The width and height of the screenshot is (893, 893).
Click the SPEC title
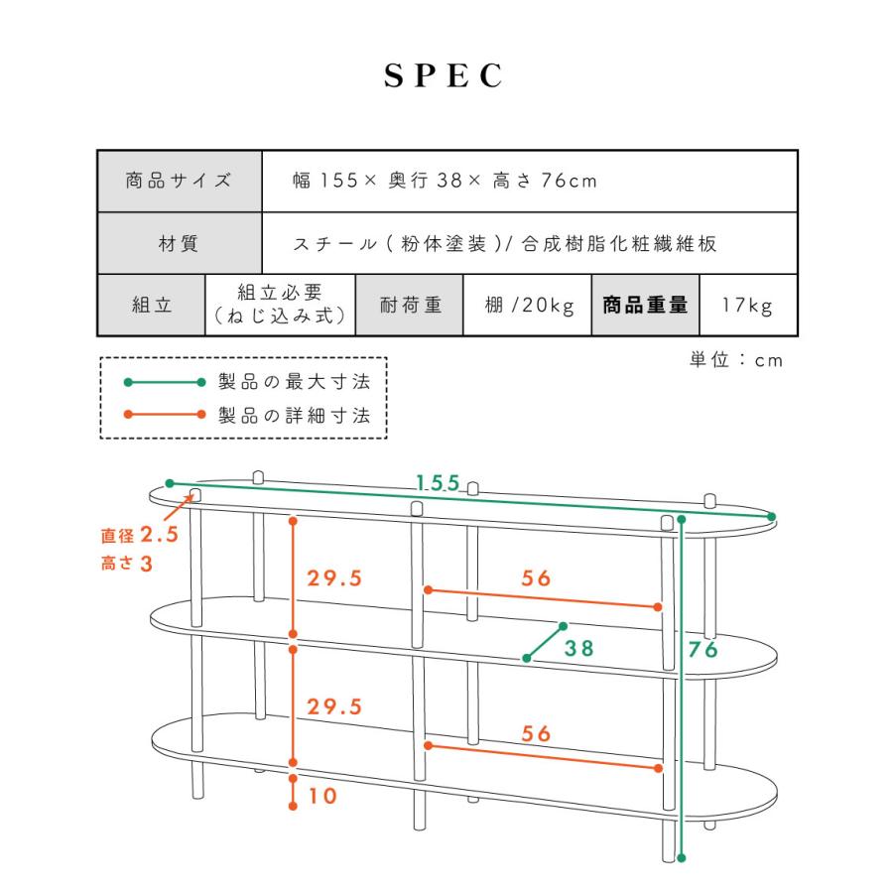pyautogui.click(x=444, y=75)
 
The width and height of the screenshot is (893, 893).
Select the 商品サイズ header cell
pyautogui.click(x=180, y=182)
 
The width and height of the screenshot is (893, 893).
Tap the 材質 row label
pyautogui.click(x=180, y=243)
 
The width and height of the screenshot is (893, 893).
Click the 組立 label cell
pyautogui.click(x=152, y=305)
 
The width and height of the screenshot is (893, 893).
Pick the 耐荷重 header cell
pyautogui.click(x=410, y=305)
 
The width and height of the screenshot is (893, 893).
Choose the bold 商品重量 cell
pyautogui.click(x=645, y=305)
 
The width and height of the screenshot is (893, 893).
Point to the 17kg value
pyautogui.click(x=747, y=306)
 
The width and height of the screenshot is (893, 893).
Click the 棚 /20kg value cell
pyautogui.click(x=528, y=305)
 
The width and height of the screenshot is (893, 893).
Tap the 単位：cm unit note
pyautogui.click(x=736, y=360)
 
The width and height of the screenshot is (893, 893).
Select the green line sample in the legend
pyautogui.click(x=165, y=382)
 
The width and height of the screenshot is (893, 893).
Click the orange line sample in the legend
pyautogui.click(x=165, y=414)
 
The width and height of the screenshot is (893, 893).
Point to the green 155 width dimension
pyautogui.click(x=438, y=483)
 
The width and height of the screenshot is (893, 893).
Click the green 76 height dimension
pyautogui.click(x=703, y=649)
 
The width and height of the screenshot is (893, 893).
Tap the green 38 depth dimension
pyautogui.click(x=579, y=648)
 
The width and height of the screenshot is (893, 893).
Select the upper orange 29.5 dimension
pyautogui.click(x=334, y=578)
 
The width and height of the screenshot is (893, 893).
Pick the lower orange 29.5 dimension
pyautogui.click(x=334, y=706)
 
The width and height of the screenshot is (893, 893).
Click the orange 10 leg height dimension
pyautogui.click(x=322, y=796)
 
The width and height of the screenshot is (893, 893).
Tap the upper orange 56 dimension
pyautogui.click(x=537, y=578)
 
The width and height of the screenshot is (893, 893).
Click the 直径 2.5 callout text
pyautogui.click(x=140, y=535)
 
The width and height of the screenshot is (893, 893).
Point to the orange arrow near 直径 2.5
pyautogui.click(x=179, y=508)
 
